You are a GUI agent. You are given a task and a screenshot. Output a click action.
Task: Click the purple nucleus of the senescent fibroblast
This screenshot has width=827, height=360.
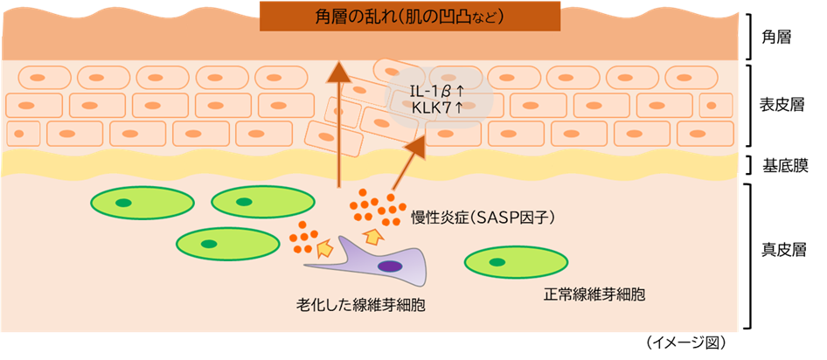(390, 266)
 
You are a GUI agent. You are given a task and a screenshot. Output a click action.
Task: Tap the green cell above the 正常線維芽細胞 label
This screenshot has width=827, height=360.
(517, 261)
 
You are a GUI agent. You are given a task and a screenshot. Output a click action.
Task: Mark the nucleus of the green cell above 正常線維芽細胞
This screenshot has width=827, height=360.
(497, 260)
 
